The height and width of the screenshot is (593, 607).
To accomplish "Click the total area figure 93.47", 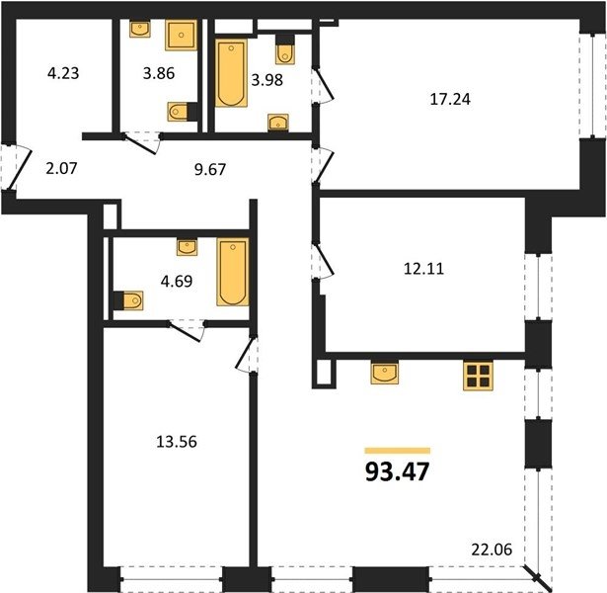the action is [x=397, y=471].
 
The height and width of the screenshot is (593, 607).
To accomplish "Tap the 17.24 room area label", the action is [x=450, y=99].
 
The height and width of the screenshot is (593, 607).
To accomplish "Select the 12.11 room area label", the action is [x=423, y=269].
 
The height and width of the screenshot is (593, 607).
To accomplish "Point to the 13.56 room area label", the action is [x=177, y=442].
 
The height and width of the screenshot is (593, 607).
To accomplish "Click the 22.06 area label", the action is [x=492, y=550].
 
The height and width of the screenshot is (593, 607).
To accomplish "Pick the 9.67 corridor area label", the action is [x=210, y=169].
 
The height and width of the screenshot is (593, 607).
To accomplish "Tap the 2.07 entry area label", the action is [x=61, y=168].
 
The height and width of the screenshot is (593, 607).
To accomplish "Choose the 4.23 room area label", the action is [x=63, y=73].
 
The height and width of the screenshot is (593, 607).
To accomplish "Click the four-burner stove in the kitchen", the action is [x=478, y=376].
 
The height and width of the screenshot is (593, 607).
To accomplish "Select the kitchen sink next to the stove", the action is [x=384, y=374].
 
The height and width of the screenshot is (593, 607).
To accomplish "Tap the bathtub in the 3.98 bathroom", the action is [x=231, y=73].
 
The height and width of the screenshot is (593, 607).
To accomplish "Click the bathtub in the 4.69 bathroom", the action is [x=233, y=272].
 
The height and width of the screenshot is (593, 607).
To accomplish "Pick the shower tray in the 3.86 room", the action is [x=182, y=35].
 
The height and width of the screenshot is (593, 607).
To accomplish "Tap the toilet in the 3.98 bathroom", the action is [x=284, y=49].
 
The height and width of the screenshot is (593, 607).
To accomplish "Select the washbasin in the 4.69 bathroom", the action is [x=187, y=247].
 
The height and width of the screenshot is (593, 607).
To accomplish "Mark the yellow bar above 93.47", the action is [x=398, y=451].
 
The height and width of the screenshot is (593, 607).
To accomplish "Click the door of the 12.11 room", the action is [x=324, y=261].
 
